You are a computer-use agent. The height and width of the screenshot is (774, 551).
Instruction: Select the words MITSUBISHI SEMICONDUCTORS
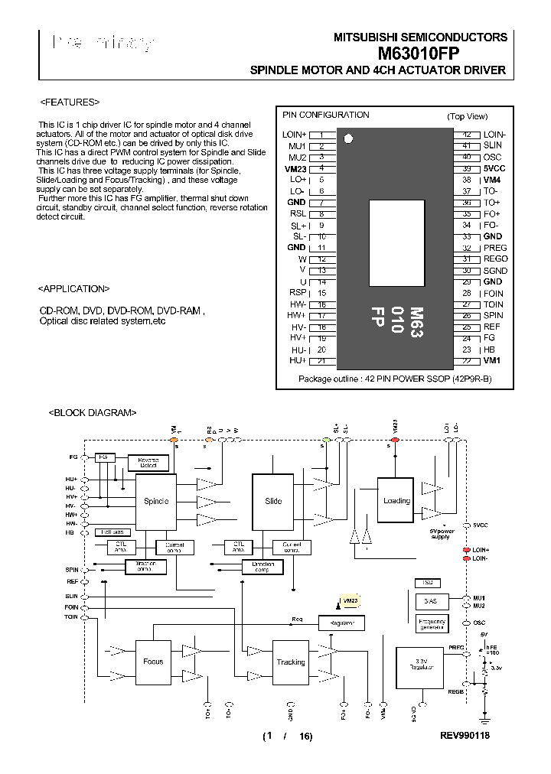click(x=420, y=37)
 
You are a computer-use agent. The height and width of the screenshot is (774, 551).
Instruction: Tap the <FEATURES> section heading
click(x=69, y=102)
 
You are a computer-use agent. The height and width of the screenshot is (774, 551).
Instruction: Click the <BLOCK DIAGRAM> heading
click(x=93, y=412)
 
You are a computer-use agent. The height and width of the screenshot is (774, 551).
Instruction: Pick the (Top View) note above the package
click(x=467, y=116)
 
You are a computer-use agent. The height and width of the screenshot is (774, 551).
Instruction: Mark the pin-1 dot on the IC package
click(x=349, y=139)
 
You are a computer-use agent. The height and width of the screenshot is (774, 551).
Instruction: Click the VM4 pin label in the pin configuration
click(x=492, y=180)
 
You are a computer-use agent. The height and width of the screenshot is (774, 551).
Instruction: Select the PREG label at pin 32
click(x=494, y=248)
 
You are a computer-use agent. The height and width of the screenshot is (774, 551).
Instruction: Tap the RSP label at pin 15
click(x=297, y=293)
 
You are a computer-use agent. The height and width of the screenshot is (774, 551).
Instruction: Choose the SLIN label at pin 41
click(x=493, y=145)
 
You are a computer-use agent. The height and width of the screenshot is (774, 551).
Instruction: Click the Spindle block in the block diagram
click(x=156, y=502)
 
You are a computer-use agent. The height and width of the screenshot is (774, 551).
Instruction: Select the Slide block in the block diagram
click(x=273, y=502)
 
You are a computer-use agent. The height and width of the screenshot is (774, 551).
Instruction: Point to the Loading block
click(x=396, y=501)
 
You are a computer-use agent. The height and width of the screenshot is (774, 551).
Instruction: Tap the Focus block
click(x=153, y=662)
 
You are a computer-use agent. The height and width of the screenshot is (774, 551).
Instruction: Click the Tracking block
click(x=291, y=662)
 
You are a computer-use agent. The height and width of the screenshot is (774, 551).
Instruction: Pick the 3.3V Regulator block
click(x=418, y=664)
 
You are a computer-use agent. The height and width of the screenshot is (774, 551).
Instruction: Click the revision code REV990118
click(x=465, y=736)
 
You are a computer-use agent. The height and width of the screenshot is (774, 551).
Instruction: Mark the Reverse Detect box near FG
click(x=148, y=461)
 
